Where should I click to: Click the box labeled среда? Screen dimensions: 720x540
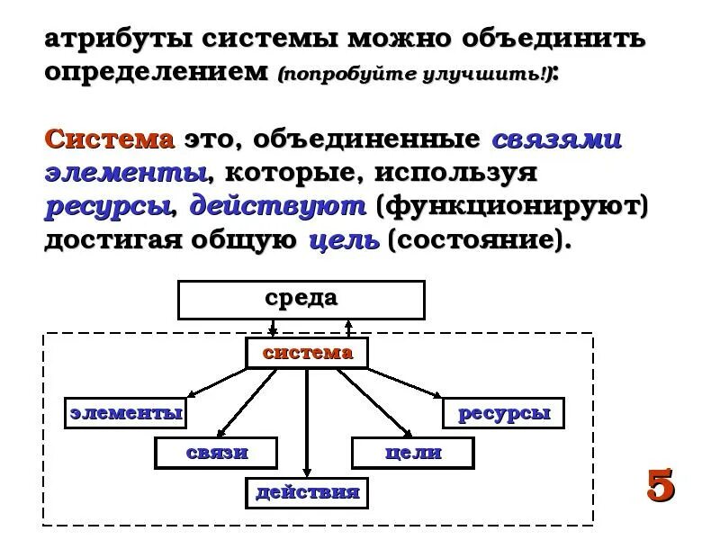tap(301, 300)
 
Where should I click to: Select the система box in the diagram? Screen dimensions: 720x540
tap(307, 353)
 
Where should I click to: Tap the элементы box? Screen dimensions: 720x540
tap(127, 413)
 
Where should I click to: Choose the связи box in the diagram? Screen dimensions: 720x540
tap(217, 453)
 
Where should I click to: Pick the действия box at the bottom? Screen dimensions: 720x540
tap(308, 492)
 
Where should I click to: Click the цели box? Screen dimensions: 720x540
tap(413, 453)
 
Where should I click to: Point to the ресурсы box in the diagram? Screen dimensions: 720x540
tap(503, 413)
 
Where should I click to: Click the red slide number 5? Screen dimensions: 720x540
tap(660, 485)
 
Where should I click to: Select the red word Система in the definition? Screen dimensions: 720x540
tap(110, 139)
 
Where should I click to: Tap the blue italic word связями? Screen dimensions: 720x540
tap(556, 139)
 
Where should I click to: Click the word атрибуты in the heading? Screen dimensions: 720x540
tap(117, 40)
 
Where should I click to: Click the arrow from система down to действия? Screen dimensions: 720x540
tap(307, 423)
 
